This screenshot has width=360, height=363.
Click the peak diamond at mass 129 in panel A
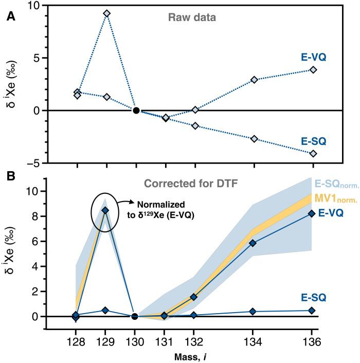[106, 13]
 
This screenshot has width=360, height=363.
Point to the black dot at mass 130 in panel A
[136, 110]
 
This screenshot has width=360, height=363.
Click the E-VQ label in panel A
[315, 58]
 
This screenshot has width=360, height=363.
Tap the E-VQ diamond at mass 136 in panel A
[313, 70]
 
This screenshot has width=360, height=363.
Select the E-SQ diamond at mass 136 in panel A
[313, 153]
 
